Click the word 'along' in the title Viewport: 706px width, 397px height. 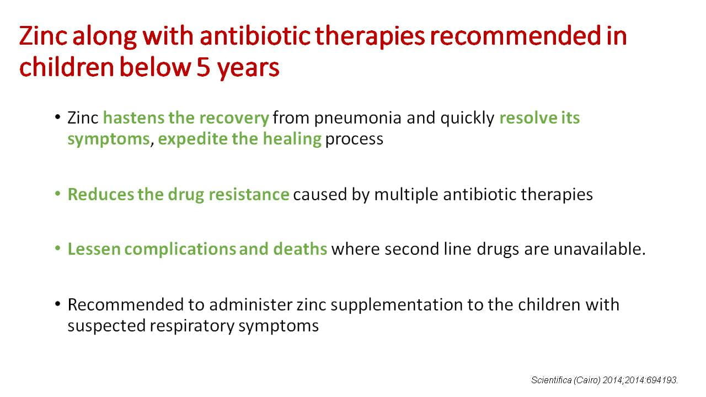[104, 36]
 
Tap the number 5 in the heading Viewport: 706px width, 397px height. [204, 67]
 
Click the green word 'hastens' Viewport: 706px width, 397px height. [133, 118]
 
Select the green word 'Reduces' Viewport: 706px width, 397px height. [100, 194]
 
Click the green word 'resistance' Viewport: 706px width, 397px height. [249, 194]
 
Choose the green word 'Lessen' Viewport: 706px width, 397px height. [94, 249]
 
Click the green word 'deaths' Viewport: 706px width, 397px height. [300, 249]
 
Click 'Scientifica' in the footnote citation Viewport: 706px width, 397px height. [551, 380]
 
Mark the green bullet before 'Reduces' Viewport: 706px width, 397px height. [57, 194]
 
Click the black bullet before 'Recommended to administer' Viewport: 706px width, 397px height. [57, 304]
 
